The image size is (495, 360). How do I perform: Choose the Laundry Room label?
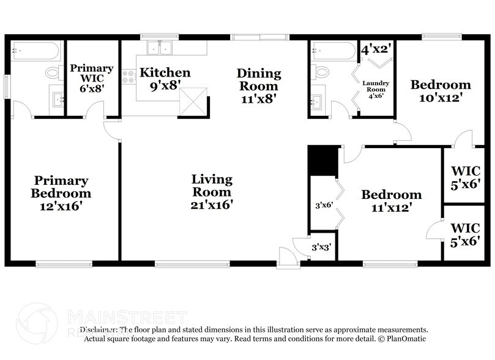(x=376, y=89)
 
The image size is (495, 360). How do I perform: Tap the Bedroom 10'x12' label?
(x=440, y=91)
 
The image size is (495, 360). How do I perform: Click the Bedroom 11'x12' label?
(x=391, y=201)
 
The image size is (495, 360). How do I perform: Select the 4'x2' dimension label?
(x=376, y=48)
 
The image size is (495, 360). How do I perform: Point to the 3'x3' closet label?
(x=322, y=247)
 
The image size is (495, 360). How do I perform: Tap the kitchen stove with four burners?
(x=128, y=77)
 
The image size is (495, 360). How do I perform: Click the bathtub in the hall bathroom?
(x=333, y=49)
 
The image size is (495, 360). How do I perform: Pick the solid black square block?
(x=322, y=160)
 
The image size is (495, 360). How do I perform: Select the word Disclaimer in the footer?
(x=97, y=329)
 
